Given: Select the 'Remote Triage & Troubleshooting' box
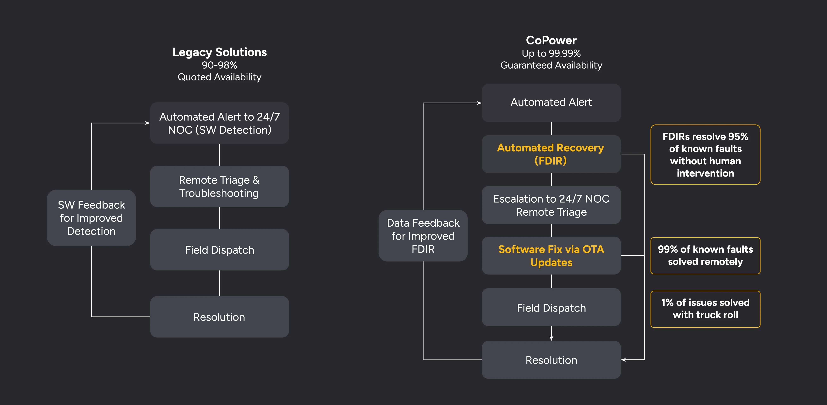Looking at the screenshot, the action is pos(220,186).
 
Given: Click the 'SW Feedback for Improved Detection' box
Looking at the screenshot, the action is pos(92,218).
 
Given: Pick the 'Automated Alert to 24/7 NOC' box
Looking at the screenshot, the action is pos(220,123).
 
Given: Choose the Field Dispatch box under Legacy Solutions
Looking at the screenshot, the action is pos(220,250).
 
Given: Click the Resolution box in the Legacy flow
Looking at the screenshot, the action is pos(220,317).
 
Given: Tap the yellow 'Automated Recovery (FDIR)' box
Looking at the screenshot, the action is pos(551,154).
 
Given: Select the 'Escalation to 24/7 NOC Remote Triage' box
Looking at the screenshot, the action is pos(551,205).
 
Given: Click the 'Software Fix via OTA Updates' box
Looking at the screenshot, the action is pos(551,256).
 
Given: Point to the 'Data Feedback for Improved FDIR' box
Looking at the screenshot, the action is pos(423,236).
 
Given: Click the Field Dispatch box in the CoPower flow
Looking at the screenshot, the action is pos(551,307).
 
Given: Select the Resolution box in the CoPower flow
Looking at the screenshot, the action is pos(551,360).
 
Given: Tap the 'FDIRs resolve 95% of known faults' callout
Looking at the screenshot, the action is pos(705,155).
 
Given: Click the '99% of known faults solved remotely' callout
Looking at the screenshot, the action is pos(705,256).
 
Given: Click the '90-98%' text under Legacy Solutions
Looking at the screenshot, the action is pos(220,65).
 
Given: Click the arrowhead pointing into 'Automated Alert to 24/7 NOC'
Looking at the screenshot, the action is pos(148,123).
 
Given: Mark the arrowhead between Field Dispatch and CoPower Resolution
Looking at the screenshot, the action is pos(551,338).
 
